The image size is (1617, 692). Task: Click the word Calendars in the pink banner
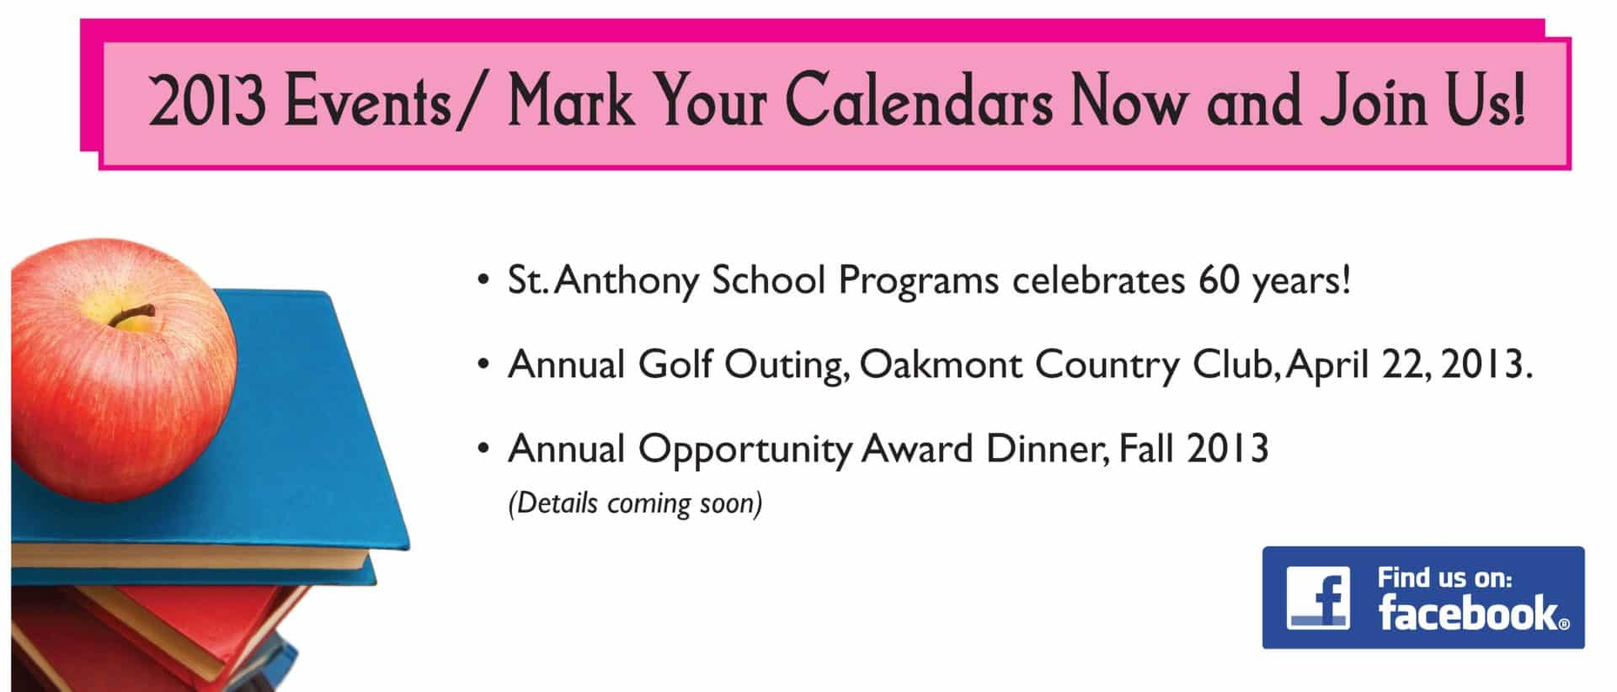[x=919, y=101]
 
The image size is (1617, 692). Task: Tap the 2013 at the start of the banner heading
[x=207, y=101]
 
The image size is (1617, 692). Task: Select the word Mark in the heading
[x=571, y=101]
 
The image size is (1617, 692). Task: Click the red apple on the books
[x=123, y=370]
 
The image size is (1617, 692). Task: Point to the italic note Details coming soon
[x=635, y=503]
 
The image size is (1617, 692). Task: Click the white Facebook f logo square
[x=1318, y=598]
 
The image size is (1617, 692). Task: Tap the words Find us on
[x=1444, y=578]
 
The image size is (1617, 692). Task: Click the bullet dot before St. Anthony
[x=483, y=280]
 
